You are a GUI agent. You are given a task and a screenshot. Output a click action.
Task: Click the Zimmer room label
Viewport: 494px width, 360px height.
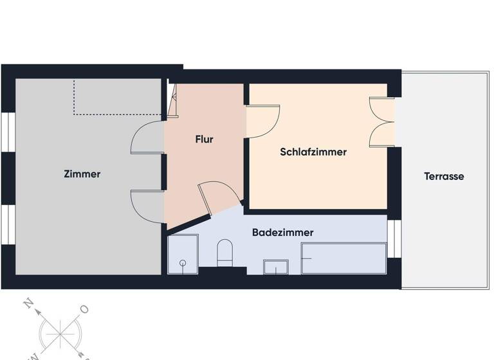click(82, 174)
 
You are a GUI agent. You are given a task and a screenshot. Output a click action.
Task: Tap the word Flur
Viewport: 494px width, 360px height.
click(205, 139)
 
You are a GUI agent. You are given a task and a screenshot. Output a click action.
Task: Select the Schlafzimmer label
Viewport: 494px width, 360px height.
click(313, 152)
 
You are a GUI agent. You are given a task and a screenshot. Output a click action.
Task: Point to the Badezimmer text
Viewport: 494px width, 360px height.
click(283, 232)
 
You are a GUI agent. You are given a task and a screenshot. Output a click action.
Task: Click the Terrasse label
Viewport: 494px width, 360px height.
click(444, 176)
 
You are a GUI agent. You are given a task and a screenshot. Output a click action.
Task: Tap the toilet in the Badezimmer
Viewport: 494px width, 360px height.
click(224, 252)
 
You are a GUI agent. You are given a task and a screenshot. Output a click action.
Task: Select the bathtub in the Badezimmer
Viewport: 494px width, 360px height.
click(343, 258)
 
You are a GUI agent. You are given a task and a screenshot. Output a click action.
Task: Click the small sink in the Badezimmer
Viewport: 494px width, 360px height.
click(277, 266)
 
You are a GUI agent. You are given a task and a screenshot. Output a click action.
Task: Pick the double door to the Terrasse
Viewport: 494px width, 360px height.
click(381, 122)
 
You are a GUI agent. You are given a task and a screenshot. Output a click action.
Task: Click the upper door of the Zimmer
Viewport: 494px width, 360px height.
click(147, 138)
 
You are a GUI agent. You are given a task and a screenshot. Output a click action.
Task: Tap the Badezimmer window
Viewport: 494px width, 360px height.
click(394, 239)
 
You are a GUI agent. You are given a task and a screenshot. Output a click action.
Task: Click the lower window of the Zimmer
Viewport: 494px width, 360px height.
click(8, 224)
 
